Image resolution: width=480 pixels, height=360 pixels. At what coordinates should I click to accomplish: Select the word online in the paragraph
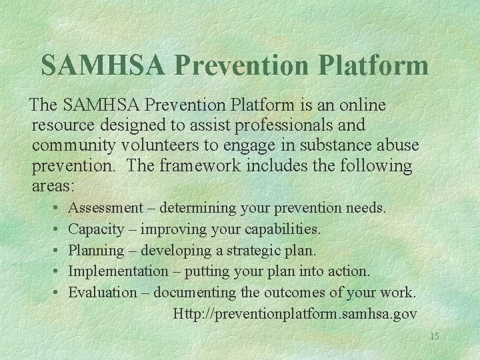(361, 106)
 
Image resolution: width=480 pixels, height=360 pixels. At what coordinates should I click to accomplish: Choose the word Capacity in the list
(96, 229)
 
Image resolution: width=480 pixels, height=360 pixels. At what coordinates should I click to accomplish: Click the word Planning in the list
(96, 251)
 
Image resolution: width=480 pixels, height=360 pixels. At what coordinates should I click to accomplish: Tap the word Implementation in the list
(119, 271)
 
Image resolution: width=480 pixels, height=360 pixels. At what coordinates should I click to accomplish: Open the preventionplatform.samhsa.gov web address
(295, 313)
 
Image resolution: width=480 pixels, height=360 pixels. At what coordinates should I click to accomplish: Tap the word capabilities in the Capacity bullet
(283, 229)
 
